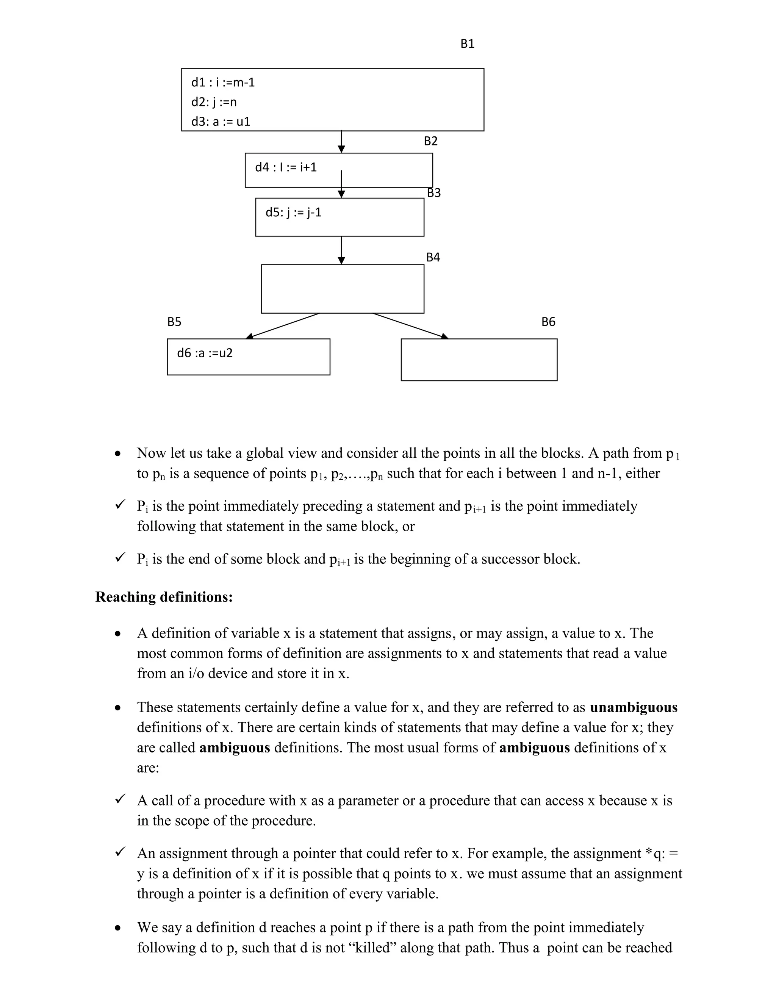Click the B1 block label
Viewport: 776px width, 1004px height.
[467, 44]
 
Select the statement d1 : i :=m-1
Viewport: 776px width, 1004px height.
[223, 82]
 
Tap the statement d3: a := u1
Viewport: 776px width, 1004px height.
[221, 122]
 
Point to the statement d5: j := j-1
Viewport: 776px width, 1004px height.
[293, 213]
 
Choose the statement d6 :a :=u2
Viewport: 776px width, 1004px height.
[205, 353]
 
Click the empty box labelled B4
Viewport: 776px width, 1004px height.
[343, 289]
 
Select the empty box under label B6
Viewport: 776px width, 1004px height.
[479, 360]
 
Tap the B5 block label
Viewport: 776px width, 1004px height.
[174, 322]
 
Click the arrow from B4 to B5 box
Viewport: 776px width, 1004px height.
[283, 326]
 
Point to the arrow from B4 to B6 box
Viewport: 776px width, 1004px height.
[410, 326]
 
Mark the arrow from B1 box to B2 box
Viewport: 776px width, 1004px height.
[341, 142]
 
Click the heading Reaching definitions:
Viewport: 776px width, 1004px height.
[164, 597]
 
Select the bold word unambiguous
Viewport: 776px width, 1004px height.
[633, 707]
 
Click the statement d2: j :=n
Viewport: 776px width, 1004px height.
[214, 102]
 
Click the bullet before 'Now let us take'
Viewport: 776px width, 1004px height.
[118, 454]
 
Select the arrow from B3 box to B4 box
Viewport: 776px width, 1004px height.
[341, 250]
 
